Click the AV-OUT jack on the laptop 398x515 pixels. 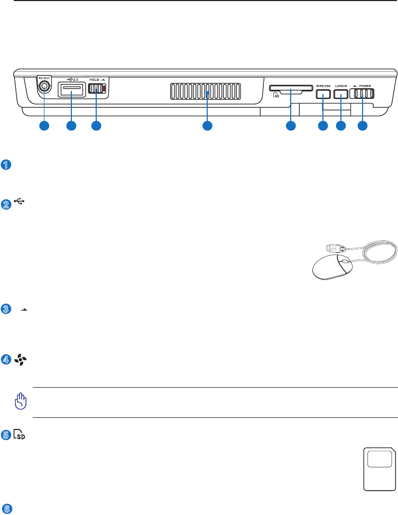(x=44, y=87)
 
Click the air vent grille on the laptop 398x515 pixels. (x=206, y=91)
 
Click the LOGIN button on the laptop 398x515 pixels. (x=341, y=94)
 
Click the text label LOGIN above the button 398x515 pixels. (x=341, y=85)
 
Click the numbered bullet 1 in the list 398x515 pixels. (x=6, y=165)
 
